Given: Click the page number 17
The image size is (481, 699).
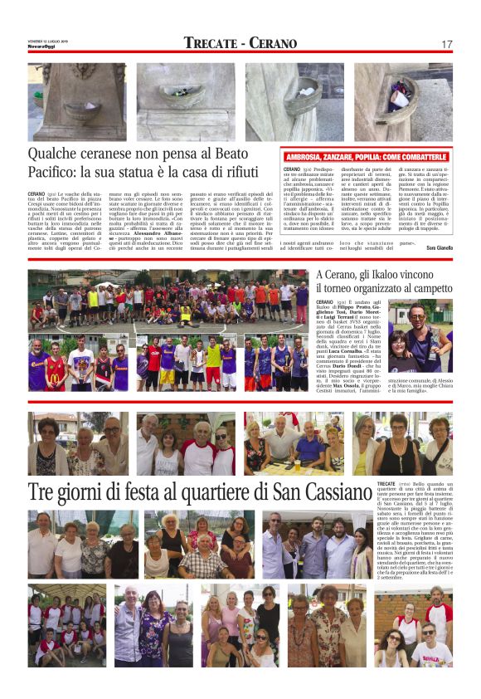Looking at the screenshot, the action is [x=447, y=44].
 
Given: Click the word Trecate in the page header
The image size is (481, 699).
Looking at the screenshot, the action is [x=211, y=43].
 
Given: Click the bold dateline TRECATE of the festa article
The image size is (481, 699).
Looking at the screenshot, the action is [x=386, y=483].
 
